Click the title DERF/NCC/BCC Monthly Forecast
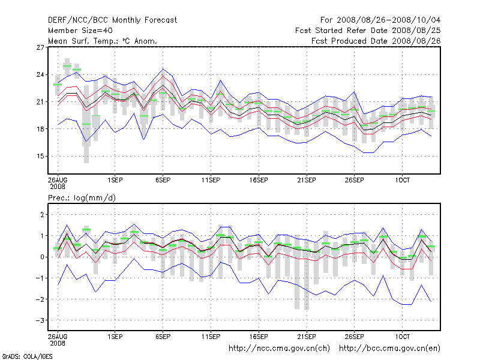pyautogui.click(x=112, y=20)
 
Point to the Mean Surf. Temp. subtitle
pyautogui.click(x=102, y=41)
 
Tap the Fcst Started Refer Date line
pyautogui.click(x=368, y=31)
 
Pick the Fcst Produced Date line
pyautogui.click(x=376, y=41)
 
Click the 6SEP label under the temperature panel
pyautogui.click(x=163, y=179)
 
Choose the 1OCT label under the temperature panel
pyautogui.click(x=402, y=179)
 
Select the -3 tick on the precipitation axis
pyautogui.click(x=40, y=320)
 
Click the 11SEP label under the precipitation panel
pyautogui.click(x=211, y=337)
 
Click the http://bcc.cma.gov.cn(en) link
pyautogui.click(x=390, y=348)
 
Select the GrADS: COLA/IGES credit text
pyautogui.click(x=19, y=356)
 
